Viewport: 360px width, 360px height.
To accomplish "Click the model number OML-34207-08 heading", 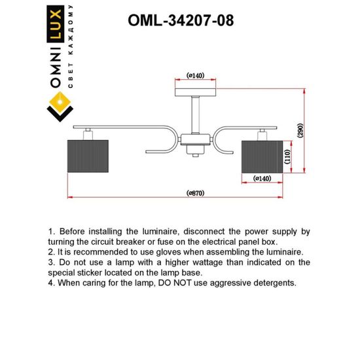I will (180, 20).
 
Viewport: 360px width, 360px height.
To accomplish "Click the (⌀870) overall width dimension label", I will (196, 193).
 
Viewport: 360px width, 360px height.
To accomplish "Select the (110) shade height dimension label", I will (287, 156).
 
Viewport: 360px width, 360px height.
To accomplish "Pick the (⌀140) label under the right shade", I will (262, 178).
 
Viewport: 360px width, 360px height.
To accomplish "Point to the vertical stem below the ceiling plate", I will (196, 115).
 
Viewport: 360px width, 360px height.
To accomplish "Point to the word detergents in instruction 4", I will (270, 283).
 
